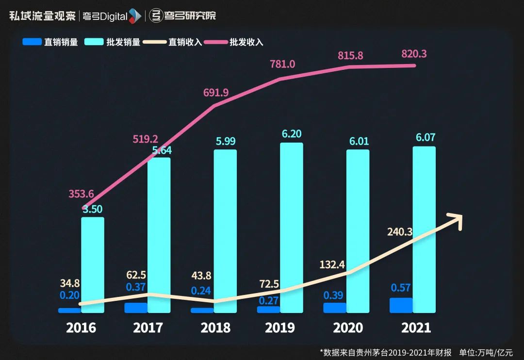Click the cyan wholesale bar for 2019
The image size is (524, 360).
click(x=292, y=228)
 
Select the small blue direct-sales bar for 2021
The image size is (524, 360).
click(x=401, y=305)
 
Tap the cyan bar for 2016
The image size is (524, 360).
click(x=93, y=264)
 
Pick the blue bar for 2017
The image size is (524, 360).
click(x=136, y=308)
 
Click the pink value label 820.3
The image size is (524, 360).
click(x=414, y=54)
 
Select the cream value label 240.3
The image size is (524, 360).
click(x=400, y=232)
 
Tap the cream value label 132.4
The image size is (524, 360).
click(x=332, y=264)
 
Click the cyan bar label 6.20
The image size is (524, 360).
click(x=292, y=134)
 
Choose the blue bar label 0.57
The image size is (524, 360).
click(x=401, y=288)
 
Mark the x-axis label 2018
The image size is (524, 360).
click(x=215, y=328)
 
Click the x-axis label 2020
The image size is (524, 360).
click(x=348, y=328)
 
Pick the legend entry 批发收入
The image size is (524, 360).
click(x=246, y=42)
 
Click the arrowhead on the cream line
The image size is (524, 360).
click(x=456, y=219)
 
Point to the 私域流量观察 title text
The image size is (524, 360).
click(x=42, y=16)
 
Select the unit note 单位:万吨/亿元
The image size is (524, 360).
click(x=486, y=352)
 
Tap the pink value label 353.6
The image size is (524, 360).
click(x=81, y=194)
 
